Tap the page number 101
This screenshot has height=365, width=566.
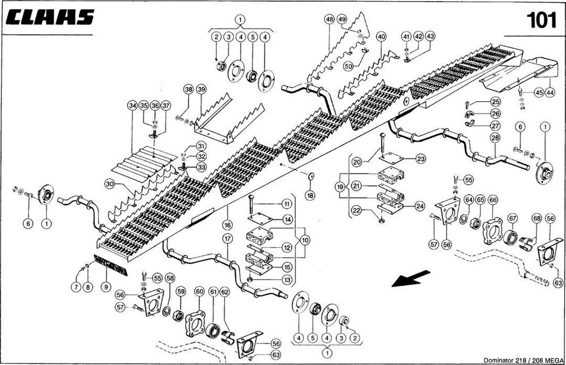[x=541, y=20]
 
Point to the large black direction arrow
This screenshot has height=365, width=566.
[x=407, y=278]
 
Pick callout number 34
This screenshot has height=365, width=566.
[x=132, y=105]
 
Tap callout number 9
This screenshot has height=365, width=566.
[x=105, y=287]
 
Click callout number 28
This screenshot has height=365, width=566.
[x=495, y=138]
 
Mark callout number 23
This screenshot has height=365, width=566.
[x=421, y=159]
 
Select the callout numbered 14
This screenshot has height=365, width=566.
[x=288, y=219]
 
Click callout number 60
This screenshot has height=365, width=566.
[x=199, y=291]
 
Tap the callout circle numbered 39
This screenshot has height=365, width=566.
[x=201, y=89]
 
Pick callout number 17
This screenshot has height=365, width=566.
[x=227, y=239]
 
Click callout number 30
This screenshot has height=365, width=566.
[x=110, y=184]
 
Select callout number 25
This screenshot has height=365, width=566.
[x=496, y=102]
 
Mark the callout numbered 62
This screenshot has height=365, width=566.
[x=225, y=291]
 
